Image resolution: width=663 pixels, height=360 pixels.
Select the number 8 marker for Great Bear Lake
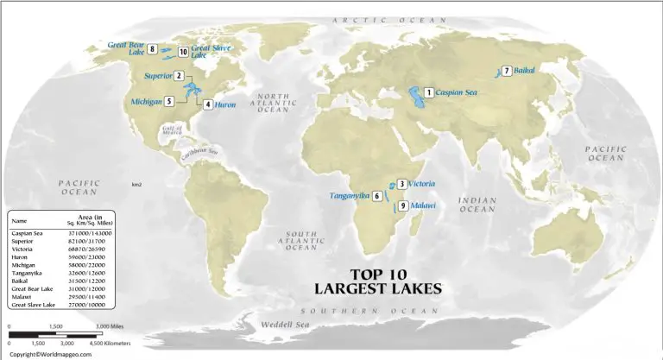point(152,49)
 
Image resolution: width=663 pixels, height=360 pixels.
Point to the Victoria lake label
point(421,184)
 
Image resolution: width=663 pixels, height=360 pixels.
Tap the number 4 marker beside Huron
point(207,104)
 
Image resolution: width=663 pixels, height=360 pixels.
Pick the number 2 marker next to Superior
point(179,76)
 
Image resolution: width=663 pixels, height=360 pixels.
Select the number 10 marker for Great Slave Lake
point(183,52)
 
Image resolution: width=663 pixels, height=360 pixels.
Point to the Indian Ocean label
point(477,204)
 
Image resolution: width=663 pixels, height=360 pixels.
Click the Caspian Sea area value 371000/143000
point(91,234)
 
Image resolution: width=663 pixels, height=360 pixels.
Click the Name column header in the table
point(18,220)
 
